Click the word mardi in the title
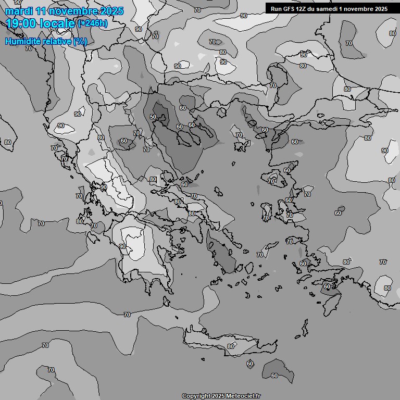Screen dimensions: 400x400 pyautogui.click(x=18, y=11)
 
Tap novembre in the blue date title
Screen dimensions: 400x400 pyautogui.click(x=72, y=11)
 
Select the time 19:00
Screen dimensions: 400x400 pyautogui.click(x=21, y=23)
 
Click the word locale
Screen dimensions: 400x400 pyautogui.click(x=56, y=23)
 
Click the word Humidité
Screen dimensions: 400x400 pyautogui.click(x=22, y=41)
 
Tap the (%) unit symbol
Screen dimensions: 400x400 pyautogui.click(x=80, y=41)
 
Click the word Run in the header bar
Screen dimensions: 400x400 pyautogui.click(x=276, y=9)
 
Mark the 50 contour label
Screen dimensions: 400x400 pyautogui.click(x=153, y=117)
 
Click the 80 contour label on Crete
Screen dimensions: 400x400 pyautogui.click(x=231, y=346)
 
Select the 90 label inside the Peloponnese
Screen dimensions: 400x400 pyautogui.click(x=122, y=246)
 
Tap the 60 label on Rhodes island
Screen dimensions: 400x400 pyautogui.click(x=327, y=286)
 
